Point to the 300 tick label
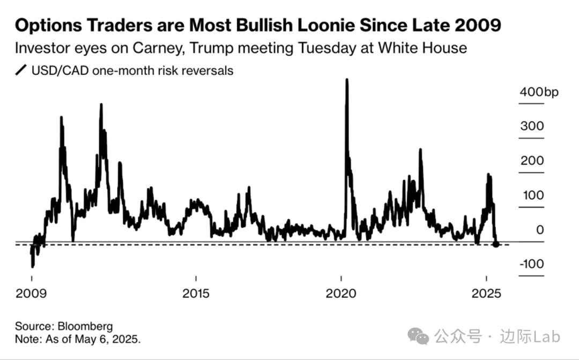pos(531,126)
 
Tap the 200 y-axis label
pos(531,161)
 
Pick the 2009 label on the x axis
pos(32,294)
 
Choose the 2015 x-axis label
pos(196,294)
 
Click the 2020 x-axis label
pos(342,294)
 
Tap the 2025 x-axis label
pos(486,294)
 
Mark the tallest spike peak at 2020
pos(347,80)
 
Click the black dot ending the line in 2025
pos(496,244)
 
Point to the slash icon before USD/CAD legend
pos(21,71)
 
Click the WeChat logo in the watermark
pos(418,336)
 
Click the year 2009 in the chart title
pos(474,25)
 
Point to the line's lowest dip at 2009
pos(33,266)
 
